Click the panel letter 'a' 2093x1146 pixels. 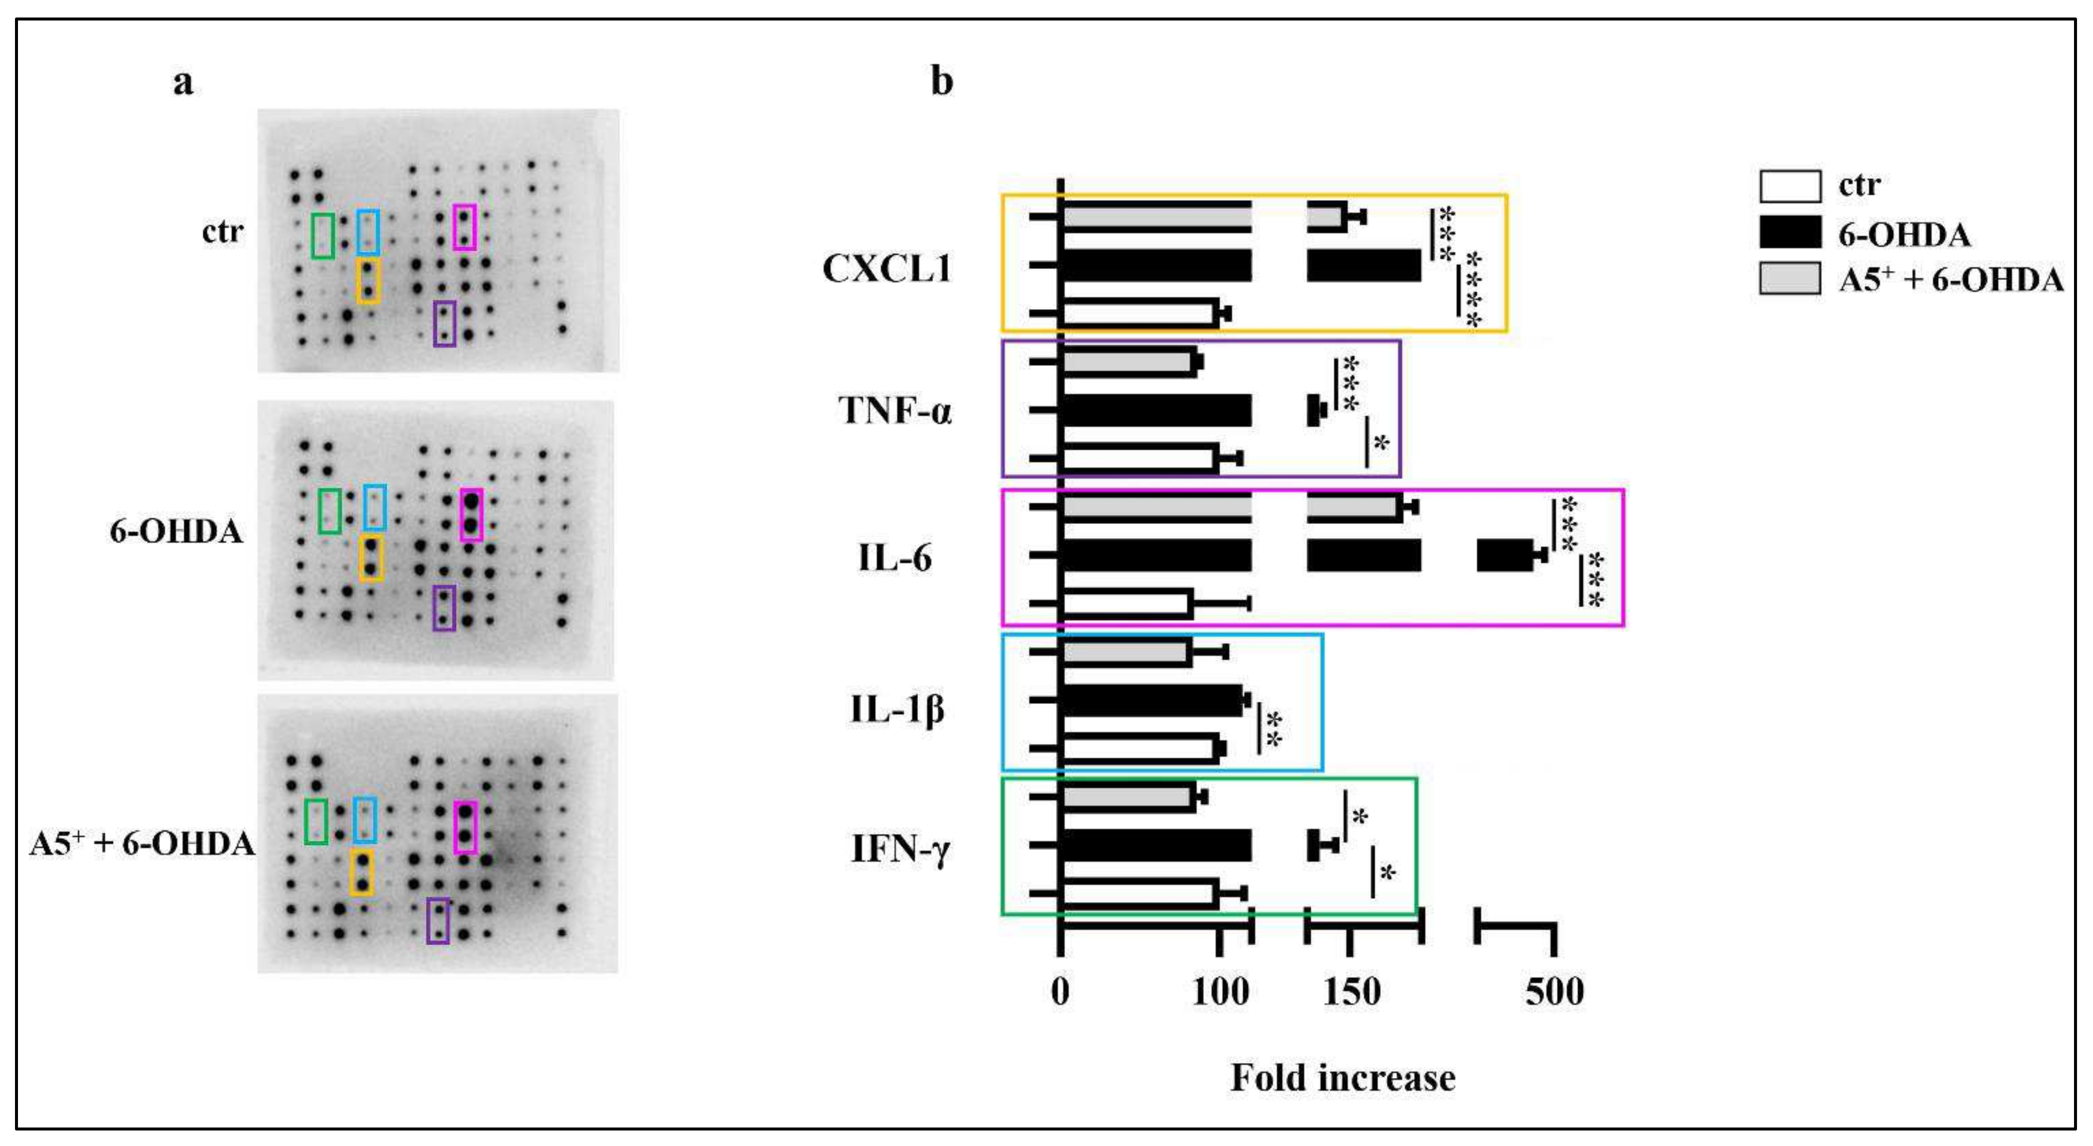point(183,82)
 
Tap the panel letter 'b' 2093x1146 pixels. point(942,82)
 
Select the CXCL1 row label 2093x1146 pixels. point(887,268)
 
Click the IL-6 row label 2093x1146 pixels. point(895,558)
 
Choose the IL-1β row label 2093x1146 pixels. point(897,709)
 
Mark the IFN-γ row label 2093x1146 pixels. point(900,849)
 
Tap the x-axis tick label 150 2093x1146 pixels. point(1351,991)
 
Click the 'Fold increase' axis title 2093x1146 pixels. point(1342,1077)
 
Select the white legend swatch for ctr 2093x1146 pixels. point(1790,186)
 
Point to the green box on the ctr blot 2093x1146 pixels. point(322,235)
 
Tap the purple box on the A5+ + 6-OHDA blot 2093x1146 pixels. point(438,921)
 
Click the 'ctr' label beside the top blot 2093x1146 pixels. point(222,231)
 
